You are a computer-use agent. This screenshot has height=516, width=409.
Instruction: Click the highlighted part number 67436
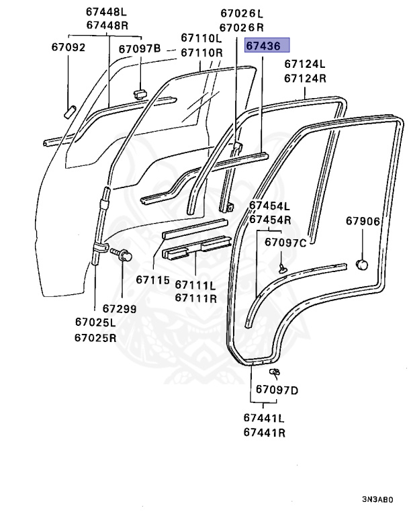pos(267,46)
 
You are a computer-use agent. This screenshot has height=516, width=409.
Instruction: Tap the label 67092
pos(69,48)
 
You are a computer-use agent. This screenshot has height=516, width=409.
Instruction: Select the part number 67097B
pos(140,48)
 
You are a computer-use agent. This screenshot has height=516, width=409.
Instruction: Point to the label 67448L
pos(107,11)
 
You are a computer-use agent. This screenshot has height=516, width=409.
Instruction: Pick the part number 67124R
pos(305,78)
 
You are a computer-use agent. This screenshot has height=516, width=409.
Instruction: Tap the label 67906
pos(363,221)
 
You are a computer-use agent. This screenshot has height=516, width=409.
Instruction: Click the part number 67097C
pos(285,242)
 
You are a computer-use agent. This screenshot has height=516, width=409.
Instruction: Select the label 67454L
pos(270,206)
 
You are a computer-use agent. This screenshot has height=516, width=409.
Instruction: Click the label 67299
pos(120,309)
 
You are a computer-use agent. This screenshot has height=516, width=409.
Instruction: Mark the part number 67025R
pos(95,337)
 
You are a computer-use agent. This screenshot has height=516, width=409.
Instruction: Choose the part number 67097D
pos(277,390)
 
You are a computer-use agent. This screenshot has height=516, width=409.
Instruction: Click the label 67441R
pos(265,432)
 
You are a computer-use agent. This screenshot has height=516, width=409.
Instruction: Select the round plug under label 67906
pos(362,264)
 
